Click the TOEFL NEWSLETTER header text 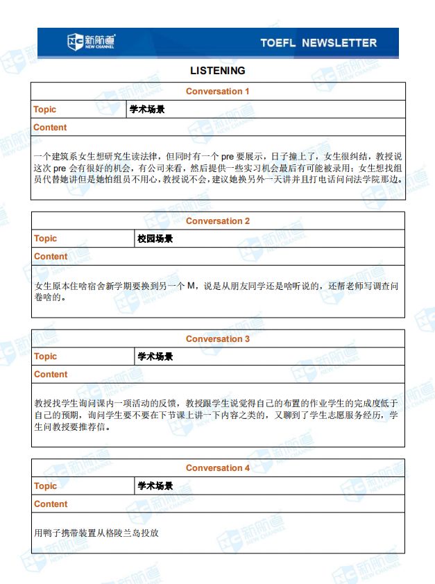coord(318,43)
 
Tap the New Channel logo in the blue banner coord(91,42)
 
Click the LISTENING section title coord(217,71)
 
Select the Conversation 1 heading coord(217,92)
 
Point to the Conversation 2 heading coord(217,221)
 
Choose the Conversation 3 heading coord(217,339)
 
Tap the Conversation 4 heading coord(217,468)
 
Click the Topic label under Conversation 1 coord(45,110)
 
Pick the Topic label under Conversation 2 coord(45,239)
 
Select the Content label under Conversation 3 coord(51,375)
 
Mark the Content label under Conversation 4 coord(51,504)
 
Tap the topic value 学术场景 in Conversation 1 coord(147,110)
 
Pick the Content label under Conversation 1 coord(51,128)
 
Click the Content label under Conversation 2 coord(51,257)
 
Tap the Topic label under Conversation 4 coord(45,486)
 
